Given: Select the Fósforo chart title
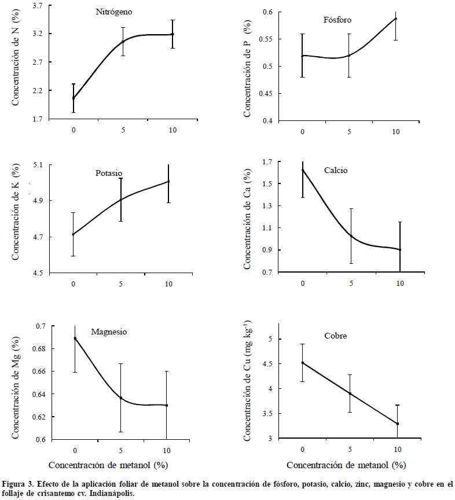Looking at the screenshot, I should (337, 20).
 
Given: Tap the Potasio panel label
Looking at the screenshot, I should (108, 173).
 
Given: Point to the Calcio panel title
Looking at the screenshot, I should (336, 170).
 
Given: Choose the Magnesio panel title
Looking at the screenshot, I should (109, 332).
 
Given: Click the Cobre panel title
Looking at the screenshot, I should (335, 336).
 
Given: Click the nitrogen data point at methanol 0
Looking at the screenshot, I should (74, 98).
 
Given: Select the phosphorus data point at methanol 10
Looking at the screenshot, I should (396, 19).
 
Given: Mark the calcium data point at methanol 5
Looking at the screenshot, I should (351, 235).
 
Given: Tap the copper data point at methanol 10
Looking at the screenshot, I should (397, 424).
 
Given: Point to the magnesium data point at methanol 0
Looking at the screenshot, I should (75, 339).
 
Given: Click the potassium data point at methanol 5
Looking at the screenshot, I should (121, 200).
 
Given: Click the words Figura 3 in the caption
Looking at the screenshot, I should (17, 482).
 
